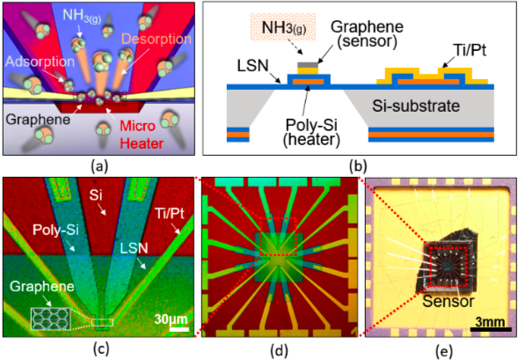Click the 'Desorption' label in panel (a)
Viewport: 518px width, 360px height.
pyautogui.click(x=157, y=39)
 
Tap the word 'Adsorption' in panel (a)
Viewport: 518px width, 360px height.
pyautogui.click(x=40, y=62)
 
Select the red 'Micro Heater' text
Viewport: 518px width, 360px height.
pyautogui.click(x=142, y=135)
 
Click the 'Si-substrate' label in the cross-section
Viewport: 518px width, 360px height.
pyautogui.click(x=416, y=107)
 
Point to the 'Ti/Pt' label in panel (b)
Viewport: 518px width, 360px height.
pyautogui.click(x=471, y=50)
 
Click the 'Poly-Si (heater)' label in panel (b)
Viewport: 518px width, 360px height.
pyautogui.click(x=311, y=132)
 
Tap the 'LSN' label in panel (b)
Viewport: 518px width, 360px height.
pyautogui.click(x=252, y=66)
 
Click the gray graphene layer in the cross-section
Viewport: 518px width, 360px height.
pyautogui.click(x=308, y=65)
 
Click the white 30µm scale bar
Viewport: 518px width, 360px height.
pyautogui.click(x=179, y=329)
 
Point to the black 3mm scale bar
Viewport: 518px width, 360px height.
pyautogui.click(x=491, y=329)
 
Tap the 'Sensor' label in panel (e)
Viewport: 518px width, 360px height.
pyautogui.click(x=449, y=302)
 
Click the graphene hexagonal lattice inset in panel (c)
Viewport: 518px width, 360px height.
pyautogui.click(x=50, y=319)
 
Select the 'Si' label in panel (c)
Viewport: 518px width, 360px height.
pyautogui.click(x=96, y=195)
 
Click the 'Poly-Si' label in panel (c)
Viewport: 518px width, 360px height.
pyautogui.click(x=55, y=230)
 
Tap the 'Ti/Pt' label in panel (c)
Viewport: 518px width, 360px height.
pyautogui.click(x=170, y=214)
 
